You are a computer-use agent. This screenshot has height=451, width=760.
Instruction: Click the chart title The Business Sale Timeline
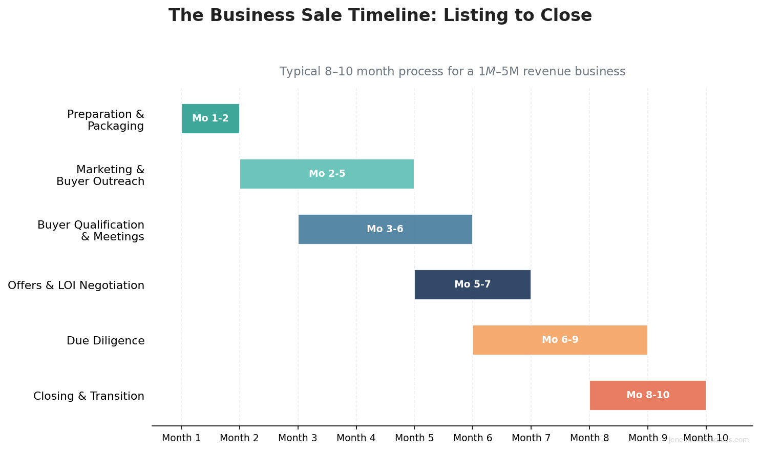(x=380, y=15)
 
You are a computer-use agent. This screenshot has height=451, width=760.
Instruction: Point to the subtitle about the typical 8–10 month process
(x=452, y=72)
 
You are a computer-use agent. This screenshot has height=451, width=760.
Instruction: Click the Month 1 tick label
(x=181, y=438)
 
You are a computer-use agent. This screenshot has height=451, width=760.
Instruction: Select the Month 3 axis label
(x=298, y=438)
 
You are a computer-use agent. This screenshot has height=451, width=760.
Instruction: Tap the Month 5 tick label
(x=414, y=438)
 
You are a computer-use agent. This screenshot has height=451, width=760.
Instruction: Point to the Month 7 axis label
(x=531, y=438)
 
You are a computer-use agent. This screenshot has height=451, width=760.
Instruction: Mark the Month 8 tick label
(x=589, y=438)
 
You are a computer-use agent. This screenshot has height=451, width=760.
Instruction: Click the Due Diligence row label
(x=105, y=341)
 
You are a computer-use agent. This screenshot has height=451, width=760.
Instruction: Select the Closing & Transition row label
(x=89, y=396)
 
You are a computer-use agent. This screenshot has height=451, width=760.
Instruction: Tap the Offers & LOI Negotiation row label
(x=76, y=285)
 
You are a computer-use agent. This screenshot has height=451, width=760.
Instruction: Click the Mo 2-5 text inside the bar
(x=327, y=174)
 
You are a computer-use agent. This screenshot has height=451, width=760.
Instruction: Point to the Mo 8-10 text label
(x=648, y=396)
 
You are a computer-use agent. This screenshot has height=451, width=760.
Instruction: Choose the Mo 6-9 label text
(x=560, y=340)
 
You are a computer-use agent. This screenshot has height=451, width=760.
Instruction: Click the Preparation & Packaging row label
(x=106, y=120)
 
